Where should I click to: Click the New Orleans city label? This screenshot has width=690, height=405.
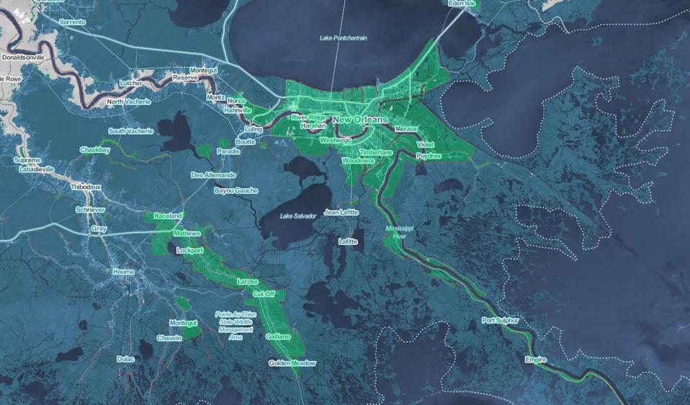pyautogui.click(x=360, y=119)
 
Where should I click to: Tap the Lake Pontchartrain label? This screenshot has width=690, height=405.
pyautogui.click(x=343, y=37)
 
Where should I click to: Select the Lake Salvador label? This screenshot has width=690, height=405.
pyautogui.click(x=298, y=216)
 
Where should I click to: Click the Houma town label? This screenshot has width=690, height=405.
pyautogui.click(x=123, y=272)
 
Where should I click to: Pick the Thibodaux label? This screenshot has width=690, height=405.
pyautogui.click(x=86, y=187)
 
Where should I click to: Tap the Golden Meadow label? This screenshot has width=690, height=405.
pyautogui.click(x=292, y=363)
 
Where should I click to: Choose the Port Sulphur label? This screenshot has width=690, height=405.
pyautogui.click(x=500, y=320)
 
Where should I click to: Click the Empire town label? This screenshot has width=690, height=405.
pyautogui.click(x=535, y=360)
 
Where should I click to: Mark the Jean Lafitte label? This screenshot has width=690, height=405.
pyautogui.click(x=341, y=213)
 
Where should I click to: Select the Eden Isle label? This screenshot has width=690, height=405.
pyautogui.click(x=462, y=4)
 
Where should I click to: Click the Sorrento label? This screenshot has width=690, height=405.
pyautogui.click(x=72, y=22)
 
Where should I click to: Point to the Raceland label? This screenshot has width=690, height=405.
pyautogui.click(x=167, y=215)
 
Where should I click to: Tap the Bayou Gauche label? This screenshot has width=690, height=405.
pyautogui.click(x=236, y=190)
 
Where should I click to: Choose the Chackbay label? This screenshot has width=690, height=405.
pyautogui.click(x=95, y=150)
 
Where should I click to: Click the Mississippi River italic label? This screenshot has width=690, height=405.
pyautogui.click(x=400, y=231)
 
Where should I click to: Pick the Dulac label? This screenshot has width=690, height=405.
pyautogui.click(x=125, y=358)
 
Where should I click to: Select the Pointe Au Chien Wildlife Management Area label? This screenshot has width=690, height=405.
pyautogui.click(x=236, y=326)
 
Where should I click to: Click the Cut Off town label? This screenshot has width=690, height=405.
pyautogui.click(x=263, y=294)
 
